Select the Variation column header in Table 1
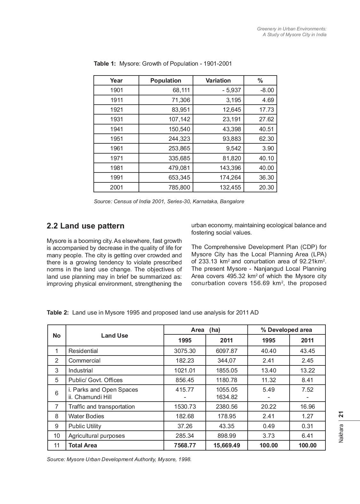pyautogui.click(x=218, y=81)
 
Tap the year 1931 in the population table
pyautogui.click(x=116, y=119)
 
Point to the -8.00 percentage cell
pyautogui.click(x=267, y=90)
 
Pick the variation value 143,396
pyautogui.click(x=230, y=168)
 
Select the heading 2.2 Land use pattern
pyautogui.click(x=85, y=226)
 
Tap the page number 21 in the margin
pyautogui.click(x=341, y=415)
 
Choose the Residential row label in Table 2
pyautogui.click(x=83, y=351)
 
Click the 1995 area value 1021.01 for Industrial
pyautogui.click(x=185, y=371)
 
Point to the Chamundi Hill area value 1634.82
pyautogui.click(x=227, y=397)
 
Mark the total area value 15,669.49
pyautogui.click(x=227, y=445)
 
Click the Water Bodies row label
pyautogui.click(x=86, y=416)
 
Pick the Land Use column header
pyautogui.click(x=114, y=336)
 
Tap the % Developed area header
pyautogui.click(x=286, y=330)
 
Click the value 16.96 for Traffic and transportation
pyautogui.click(x=307, y=407)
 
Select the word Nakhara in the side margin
pyautogui.click(x=341, y=434)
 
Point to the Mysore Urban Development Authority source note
pyautogui.click(x=119, y=460)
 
